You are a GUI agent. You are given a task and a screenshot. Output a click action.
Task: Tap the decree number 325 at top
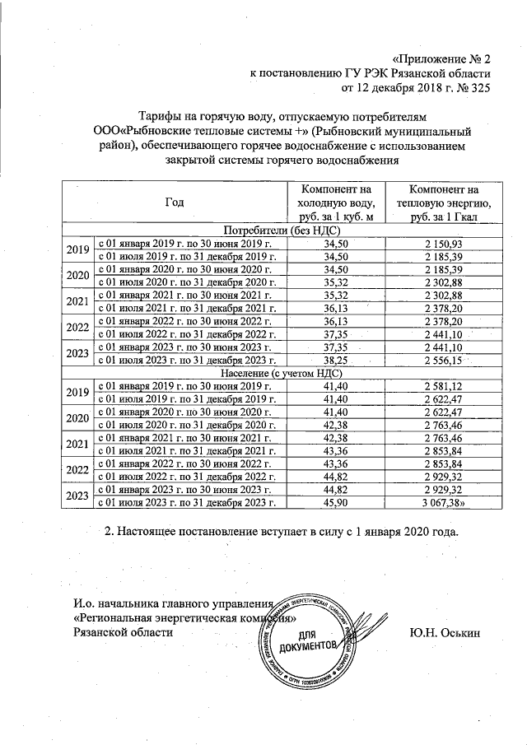(468, 87)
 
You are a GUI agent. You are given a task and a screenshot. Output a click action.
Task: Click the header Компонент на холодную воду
(337, 203)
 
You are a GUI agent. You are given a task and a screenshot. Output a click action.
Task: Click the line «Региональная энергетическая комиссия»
(183, 617)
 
